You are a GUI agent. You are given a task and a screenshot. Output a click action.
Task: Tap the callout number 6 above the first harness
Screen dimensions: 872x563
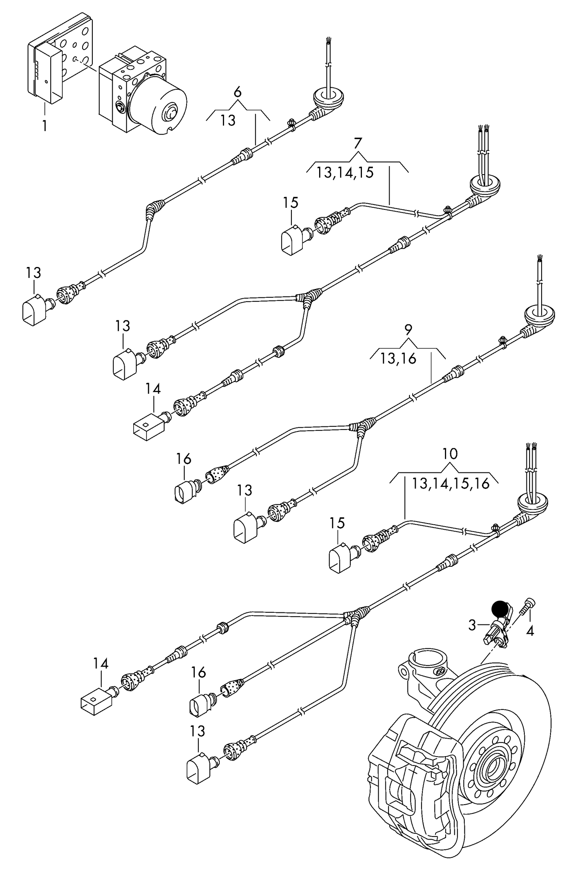pos(237,93)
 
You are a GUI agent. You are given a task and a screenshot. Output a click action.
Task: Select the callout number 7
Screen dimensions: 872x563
pos(358,143)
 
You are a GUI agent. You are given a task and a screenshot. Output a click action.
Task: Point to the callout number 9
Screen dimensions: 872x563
pos(408,330)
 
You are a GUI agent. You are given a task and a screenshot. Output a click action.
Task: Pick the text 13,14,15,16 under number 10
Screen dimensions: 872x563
pos(450,484)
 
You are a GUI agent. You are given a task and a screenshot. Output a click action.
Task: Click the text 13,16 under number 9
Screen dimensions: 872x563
pos(398,359)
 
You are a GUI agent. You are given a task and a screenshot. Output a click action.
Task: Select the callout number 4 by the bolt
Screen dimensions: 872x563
pos(529,630)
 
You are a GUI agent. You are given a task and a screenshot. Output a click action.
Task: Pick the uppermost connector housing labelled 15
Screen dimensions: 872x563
pos(291,241)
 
